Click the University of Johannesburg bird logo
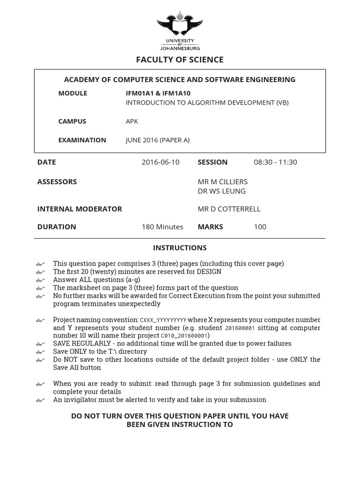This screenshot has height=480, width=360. [180, 25]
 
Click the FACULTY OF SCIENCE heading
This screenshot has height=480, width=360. [180, 60]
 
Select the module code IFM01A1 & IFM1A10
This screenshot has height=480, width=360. [158, 93]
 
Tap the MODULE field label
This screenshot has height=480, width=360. [73, 93]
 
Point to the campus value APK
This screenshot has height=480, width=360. [132, 121]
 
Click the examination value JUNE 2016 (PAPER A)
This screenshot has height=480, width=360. [157, 140]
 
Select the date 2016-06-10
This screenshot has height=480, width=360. [160, 162]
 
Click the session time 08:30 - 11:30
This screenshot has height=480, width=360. [275, 162]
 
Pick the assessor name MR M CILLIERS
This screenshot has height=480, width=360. [223, 181]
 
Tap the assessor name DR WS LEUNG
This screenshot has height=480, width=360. [221, 191]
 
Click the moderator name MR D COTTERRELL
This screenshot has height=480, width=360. [229, 209]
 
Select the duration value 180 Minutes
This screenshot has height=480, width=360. [162, 226]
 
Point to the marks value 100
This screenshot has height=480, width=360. [260, 226]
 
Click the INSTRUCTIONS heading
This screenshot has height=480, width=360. [180, 247]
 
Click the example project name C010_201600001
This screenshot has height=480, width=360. [184, 336]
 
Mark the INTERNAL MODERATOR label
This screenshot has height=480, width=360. [79, 209]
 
